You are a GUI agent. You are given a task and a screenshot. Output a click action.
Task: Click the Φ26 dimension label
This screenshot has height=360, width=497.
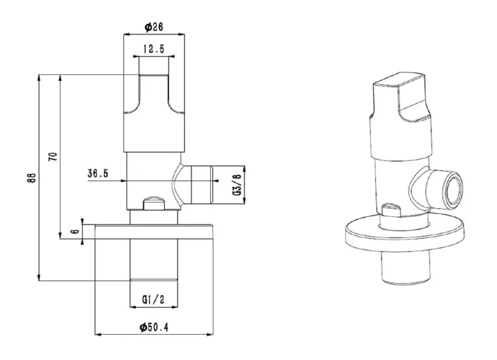click(x=154, y=27)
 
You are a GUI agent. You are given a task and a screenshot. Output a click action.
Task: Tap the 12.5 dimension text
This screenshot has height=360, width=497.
click(x=154, y=49)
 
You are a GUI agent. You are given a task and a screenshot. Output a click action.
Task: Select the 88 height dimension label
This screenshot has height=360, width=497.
click(x=32, y=178)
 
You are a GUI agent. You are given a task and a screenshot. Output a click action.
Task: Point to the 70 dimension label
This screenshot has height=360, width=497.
click(x=53, y=156)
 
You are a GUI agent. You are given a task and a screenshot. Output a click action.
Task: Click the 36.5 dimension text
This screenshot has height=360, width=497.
click(x=98, y=174)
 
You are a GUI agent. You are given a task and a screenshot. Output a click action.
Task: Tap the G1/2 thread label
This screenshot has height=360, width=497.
click(x=154, y=300)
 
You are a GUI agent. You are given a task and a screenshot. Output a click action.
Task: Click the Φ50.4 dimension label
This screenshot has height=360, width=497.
click(x=154, y=327)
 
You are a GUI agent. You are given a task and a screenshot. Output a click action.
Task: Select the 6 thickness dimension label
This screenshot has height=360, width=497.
click(x=76, y=231)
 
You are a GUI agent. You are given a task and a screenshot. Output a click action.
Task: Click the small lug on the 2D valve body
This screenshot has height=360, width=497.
click(x=154, y=203)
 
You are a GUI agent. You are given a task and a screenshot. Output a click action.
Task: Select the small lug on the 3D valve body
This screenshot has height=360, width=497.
click(x=392, y=210)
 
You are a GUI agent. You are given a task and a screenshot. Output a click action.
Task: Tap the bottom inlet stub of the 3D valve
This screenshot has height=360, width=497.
click(x=406, y=269)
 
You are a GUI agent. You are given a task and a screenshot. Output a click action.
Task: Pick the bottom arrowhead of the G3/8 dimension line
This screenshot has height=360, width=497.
click(x=245, y=201)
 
